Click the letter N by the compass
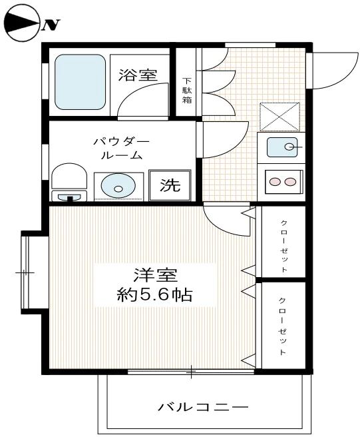(52, 25)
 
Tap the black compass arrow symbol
(21, 24)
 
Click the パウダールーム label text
(121, 148)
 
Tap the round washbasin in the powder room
(118, 186)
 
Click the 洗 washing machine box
(170, 185)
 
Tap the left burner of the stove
(275, 182)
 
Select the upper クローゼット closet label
(283, 244)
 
